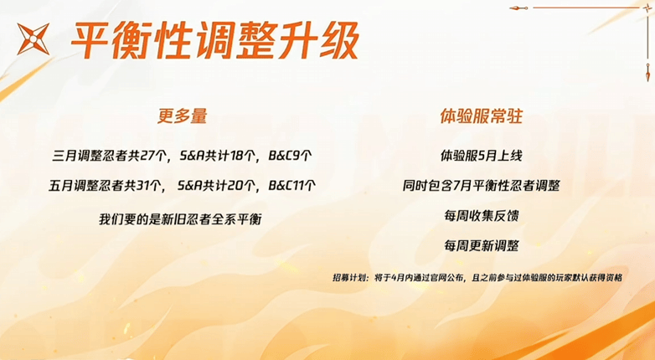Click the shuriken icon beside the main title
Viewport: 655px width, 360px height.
tap(33, 39)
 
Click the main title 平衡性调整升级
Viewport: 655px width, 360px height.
tap(214, 40)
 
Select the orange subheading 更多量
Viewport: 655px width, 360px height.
tap(182, 116)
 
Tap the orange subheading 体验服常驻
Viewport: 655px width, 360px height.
tap(482, 116)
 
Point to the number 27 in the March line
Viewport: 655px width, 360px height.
tap(148, 157)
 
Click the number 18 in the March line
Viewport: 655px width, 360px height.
tap(236, 157)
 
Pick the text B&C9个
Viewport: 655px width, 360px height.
tap(290, 157)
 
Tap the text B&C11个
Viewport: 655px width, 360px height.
tap(292, 186)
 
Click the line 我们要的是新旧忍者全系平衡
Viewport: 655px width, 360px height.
tap(180, 219)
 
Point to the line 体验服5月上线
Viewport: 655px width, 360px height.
tap(482, 157)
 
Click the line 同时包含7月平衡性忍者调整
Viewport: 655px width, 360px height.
tap(482, 186)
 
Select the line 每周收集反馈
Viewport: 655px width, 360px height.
tap(482, 216)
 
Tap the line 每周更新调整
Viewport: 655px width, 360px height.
tap(482, 245)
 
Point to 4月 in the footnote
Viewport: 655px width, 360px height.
tap(397, 278)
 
